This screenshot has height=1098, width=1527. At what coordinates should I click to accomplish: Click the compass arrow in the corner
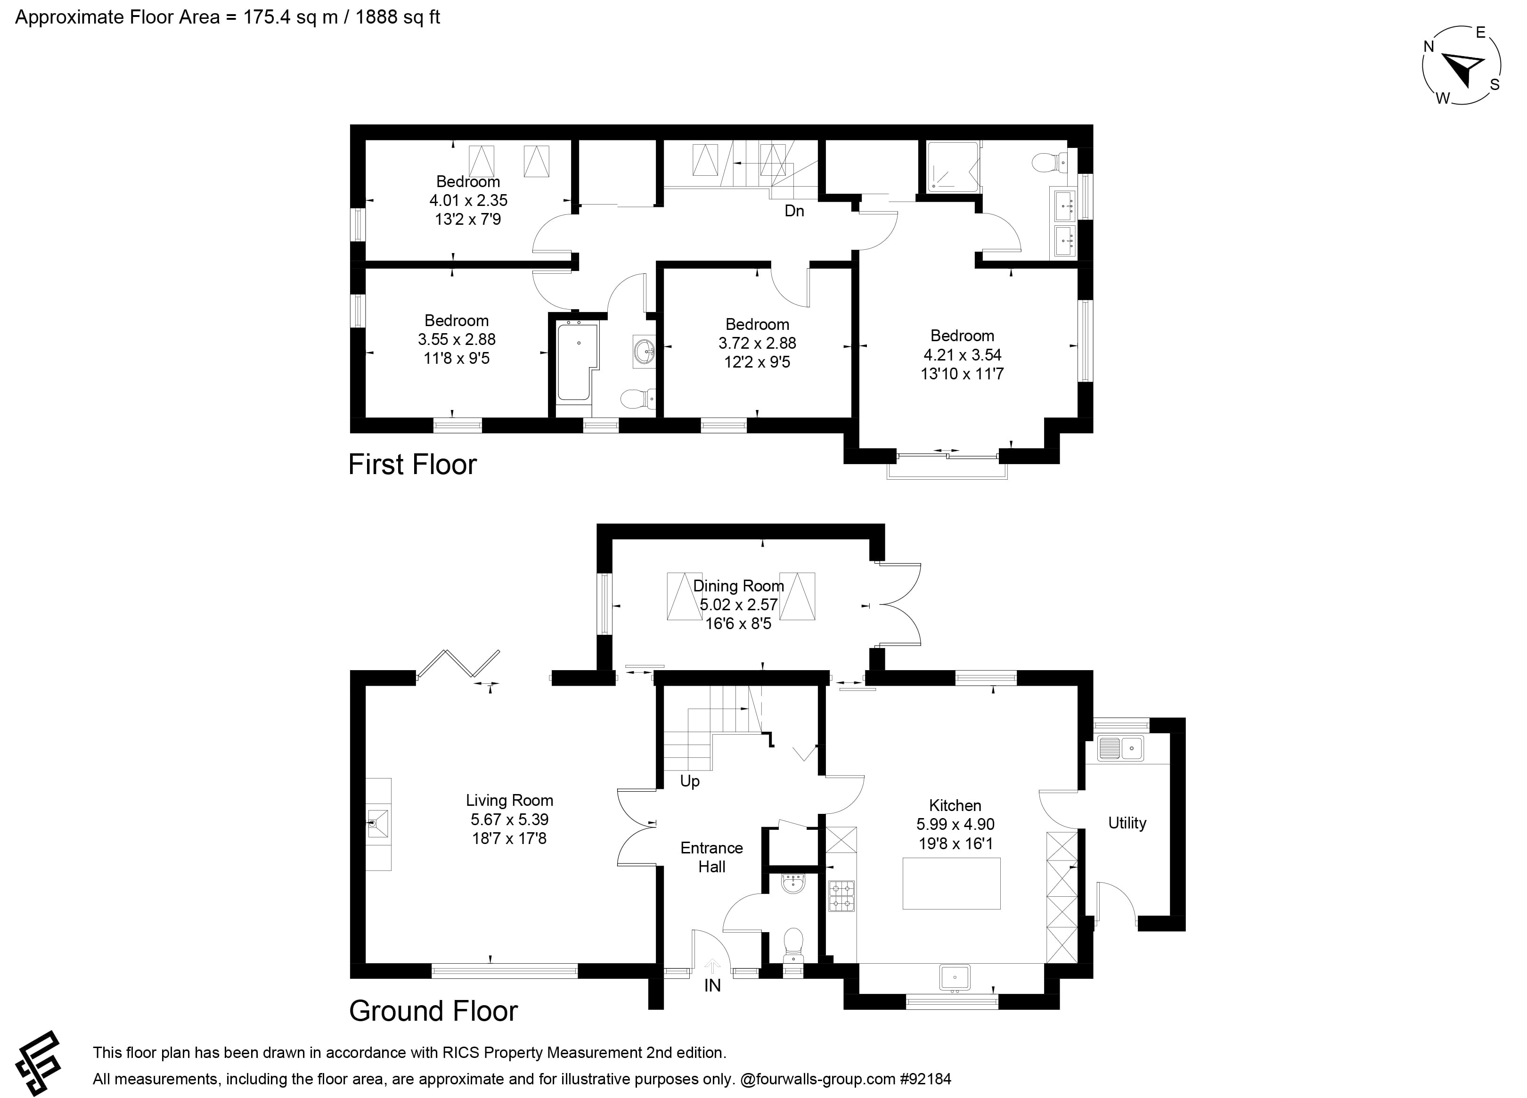click(1461, 69)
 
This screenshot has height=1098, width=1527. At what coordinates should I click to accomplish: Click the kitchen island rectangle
click(951, 883)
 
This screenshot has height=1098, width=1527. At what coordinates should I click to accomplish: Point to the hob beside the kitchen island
click(841, 896)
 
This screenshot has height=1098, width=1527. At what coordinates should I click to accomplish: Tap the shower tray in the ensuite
click(952, 166)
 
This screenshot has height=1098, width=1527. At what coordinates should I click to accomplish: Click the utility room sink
click(1120, 748)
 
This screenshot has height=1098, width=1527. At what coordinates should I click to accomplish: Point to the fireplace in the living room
click(378, 823)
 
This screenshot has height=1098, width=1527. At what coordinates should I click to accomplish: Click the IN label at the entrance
click(712, 985)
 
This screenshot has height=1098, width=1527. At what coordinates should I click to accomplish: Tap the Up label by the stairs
click(689, 781)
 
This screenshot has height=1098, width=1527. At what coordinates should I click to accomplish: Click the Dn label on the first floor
click(794, 211)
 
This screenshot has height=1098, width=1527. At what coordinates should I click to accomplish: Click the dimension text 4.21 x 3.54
click(962, 354)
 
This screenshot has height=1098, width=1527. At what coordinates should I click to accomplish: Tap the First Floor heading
click(412, 464)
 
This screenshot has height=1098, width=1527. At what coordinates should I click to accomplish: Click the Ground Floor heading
click(433, 1010)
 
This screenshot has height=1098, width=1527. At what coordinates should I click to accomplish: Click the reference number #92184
click(925, 1079)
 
